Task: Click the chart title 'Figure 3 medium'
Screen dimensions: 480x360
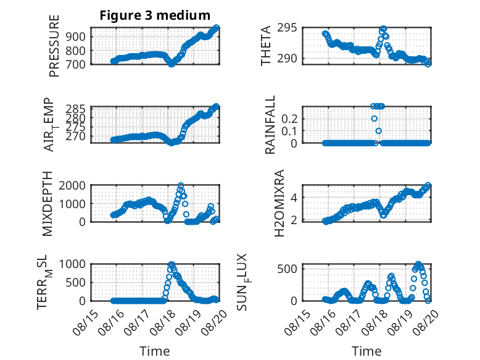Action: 155,15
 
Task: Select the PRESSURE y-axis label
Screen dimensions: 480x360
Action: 54,46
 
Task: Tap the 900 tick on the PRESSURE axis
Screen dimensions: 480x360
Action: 76,37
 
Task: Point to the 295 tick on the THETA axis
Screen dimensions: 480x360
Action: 287,28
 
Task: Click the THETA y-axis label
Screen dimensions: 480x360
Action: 266,46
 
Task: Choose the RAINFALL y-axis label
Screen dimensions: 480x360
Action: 270,125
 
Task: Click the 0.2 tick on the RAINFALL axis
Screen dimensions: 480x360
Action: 289,119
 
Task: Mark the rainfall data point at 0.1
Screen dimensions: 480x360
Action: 379,131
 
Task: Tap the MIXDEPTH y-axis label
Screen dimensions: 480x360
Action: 48,204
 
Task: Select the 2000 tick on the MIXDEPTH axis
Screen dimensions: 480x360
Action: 72,185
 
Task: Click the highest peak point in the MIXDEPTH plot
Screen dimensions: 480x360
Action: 181,186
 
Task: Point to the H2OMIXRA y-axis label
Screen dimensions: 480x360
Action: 279,203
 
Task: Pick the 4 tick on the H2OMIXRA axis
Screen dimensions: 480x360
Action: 294,198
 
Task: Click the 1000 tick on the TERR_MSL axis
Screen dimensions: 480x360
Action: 72,264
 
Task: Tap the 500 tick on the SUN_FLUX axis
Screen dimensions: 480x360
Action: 287,269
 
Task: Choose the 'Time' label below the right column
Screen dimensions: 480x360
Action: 366,351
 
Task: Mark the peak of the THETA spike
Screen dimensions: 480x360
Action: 384,29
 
